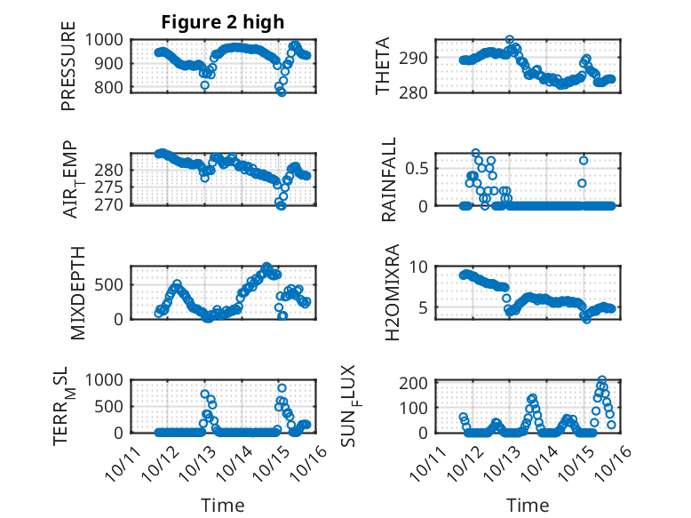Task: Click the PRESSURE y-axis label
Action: pos(68,73)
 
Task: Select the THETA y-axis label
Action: pos(383,67)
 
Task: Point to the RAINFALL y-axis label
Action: pos(388,179)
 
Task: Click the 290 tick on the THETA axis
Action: pos(418,58)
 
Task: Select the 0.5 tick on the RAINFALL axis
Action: pos(418,168)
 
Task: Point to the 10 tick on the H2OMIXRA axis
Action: pos(422,267)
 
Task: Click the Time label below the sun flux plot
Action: pos(528,506)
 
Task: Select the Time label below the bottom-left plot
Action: pos(222,506)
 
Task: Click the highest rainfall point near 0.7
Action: pos(476,153)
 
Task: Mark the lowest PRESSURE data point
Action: pos(282,92)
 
